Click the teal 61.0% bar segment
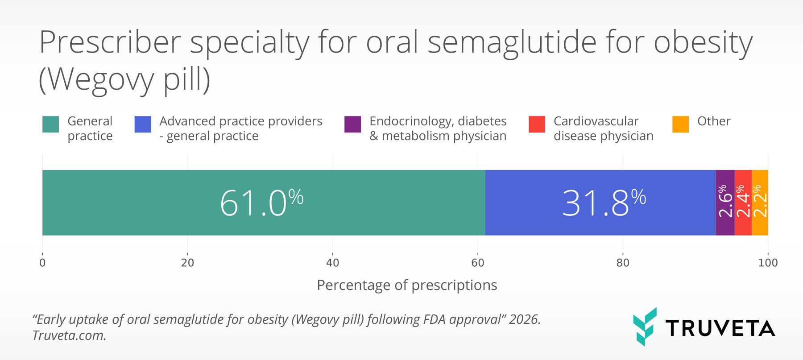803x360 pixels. (x=263, y=203)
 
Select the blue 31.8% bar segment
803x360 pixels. (x=600, y=203)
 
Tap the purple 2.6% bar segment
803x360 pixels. (x=725, y=203)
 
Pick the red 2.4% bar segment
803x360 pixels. (x=743, y=203)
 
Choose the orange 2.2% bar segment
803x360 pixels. (x=760, y=203)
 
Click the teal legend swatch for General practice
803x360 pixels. (x=50, y=124)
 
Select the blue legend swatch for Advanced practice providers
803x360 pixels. (x=143, y=124)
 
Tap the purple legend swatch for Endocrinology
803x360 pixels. (x=352, y=124)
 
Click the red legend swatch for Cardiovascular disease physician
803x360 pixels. (x=537, y=124)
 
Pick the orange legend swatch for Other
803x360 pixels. (x=680, y=124)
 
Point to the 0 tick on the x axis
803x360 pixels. (x=42, y=263)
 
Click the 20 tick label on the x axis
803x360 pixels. (x=187, y=263)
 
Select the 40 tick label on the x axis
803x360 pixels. (x=332, y=263)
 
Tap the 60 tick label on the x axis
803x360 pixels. (x=477, y=263)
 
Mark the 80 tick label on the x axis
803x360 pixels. (x=623, y=263)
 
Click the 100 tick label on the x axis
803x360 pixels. (x=768, y=263)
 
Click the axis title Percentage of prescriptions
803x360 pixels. (x=406, y=285)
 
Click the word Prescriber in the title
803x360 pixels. (x=110, y=43)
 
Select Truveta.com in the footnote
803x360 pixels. (x=69, y=335)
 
